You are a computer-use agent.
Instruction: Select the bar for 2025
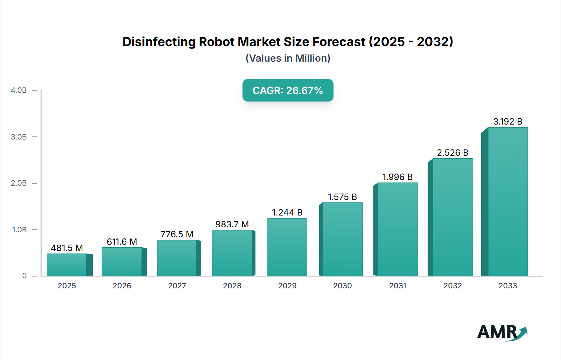pyautogui.click(x=67, y=265)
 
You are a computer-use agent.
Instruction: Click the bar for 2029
pyautogui.click(x=287, y=247)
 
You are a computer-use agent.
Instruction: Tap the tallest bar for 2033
pyautogui.click(x=507, y=201)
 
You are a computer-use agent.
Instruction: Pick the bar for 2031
pyautogui.click(x=397, y=229)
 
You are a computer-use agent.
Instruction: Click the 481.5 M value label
pyautogui.click(x=67, y=248)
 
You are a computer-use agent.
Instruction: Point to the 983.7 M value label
pyautogui.click(x=232, y=224)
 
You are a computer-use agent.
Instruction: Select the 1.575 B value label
pyautogui.click(x=342, y=197)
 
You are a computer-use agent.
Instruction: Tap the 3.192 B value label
pyautogui.click(x=507, y=121)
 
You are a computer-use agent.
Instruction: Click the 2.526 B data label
pyautogui.click(x=453, y=153)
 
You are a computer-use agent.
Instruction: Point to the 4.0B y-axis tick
pyautogui.click(x=19, y=90)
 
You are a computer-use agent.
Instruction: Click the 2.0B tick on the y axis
pyautogui.click(x=19, y=183)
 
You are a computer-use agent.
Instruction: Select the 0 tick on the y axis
pyautogui.click(x=24, y=276)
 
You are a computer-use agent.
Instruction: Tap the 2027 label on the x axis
pyautogui.click(x=177, y=286)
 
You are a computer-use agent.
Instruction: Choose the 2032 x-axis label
pyautogui.click(x=453, y=286)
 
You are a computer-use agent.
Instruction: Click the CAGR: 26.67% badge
pyautogui.click(x=288, y=90)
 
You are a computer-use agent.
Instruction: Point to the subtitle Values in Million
pyautogui.click(x=288, y=58)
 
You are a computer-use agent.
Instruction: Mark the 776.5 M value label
pyautogui.click(x=177, y=234)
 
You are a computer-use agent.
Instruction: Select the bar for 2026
pyautogui.click(x=122, y=262)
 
